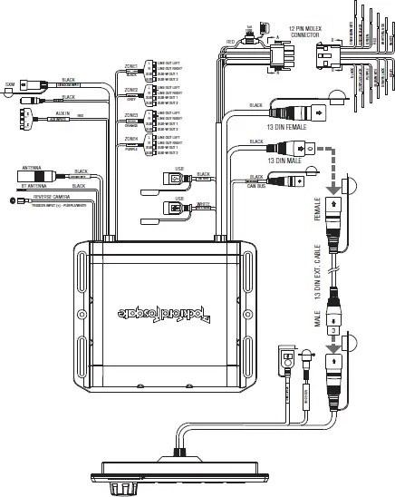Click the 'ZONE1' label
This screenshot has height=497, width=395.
point(131,66)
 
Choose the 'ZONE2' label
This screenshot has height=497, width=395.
point(131,90)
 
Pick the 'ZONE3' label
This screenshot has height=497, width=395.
point(131,115)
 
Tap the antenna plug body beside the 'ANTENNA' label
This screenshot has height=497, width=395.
point(53,175)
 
